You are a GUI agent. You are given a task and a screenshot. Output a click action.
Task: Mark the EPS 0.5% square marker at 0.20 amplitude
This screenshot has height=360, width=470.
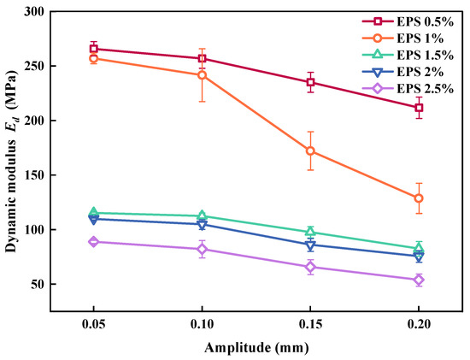click(x=419, y=108)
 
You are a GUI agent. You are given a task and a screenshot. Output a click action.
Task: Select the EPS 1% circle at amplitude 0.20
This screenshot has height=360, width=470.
click(x=419, y=198)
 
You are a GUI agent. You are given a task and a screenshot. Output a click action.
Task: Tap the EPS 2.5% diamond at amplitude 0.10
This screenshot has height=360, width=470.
click(x=202, y=250)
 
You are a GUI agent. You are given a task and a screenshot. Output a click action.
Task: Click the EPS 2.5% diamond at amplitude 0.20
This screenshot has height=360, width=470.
click(x=419, y=280)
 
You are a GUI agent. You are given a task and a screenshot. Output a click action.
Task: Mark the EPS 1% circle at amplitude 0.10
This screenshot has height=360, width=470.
click(x=202, y=75)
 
